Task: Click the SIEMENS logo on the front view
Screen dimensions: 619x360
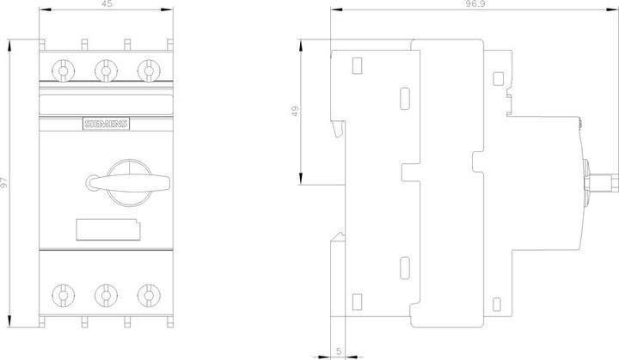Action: (x=107, y=124)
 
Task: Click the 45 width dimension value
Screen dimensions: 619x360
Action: (x=107, y=4)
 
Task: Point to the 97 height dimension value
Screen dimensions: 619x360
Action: (x=4, y=182)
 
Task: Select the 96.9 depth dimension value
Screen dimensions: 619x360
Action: (x=475, y=4)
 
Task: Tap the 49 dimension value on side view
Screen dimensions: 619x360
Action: (x=295, y=112)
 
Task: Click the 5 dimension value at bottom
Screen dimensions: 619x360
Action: (x=339, y=351)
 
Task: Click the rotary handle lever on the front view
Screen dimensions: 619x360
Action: (x=128, y=182)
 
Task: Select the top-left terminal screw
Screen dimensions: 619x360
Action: (x=63, y=71)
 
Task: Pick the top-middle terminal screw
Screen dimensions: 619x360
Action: (x=106, y=71)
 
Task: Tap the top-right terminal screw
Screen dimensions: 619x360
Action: (x=149, y=71)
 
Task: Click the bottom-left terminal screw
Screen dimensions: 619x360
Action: (x=63, y=296)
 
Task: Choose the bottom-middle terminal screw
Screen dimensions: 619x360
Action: (x=106, y=296)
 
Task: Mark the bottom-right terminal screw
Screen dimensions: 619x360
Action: (x=149, y=296)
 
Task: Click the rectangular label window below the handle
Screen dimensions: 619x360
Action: (x=108, y=229)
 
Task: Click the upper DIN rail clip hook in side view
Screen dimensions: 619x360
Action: (x=339, y=129)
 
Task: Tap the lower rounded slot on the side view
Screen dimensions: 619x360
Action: (x=405, y=268)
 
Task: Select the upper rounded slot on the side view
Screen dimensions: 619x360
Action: (x=405, y=98)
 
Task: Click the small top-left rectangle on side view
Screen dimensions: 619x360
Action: (x=357, y=65)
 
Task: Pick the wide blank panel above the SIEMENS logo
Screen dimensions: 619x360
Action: (x=107, y=105)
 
